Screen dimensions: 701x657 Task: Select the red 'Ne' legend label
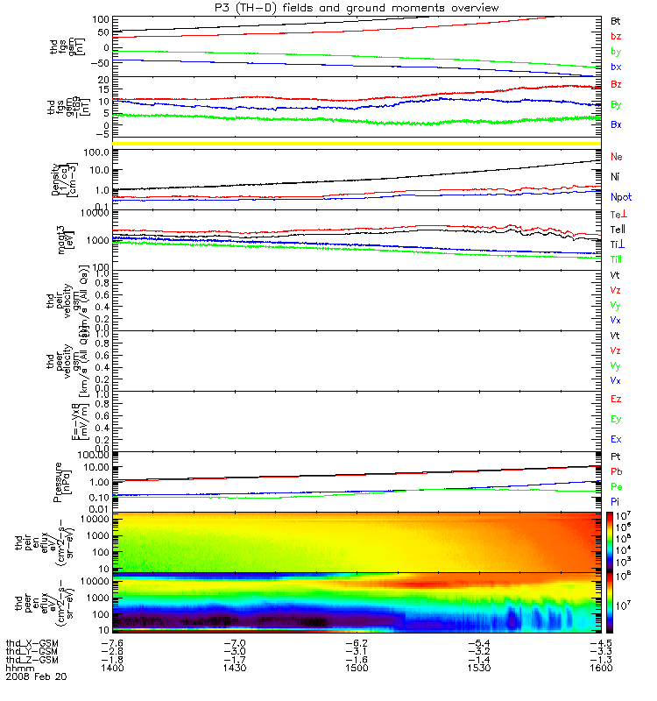coord(616,156)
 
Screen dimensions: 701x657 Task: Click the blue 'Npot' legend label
coord(620,198)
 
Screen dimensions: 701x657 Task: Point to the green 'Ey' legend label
coord(616,419)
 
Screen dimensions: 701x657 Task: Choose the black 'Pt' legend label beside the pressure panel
coord(615,457)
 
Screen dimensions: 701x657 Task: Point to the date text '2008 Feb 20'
coord(35,677)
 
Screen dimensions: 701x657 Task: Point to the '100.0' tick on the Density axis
coord(95,152)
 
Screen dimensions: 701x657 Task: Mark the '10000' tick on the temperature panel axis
coord(93,214)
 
